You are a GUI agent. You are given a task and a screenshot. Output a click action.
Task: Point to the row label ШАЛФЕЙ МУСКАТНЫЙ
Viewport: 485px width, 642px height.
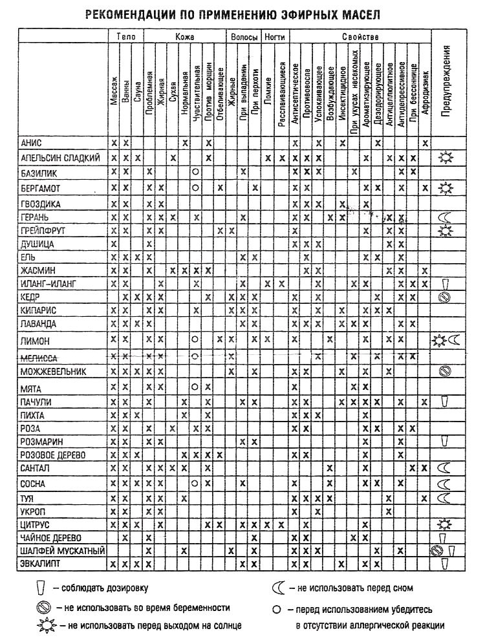[58, 550]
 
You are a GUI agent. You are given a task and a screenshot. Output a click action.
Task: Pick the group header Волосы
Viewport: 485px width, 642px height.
[244, 37]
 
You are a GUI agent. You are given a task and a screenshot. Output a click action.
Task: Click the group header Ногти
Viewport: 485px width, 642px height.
[275, 37]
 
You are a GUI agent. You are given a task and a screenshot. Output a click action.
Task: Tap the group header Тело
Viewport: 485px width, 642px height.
[125, 37]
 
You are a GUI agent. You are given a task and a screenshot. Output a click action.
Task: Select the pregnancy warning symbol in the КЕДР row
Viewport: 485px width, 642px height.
[444, 297]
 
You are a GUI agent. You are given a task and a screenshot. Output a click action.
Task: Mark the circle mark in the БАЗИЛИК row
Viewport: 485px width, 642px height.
[195, 171]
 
